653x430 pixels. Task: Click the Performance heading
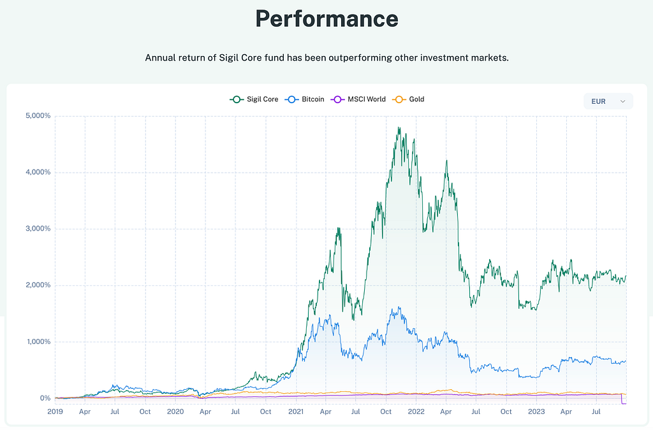[x=326, y=19]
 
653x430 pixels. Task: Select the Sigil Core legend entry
[x=254, y=99]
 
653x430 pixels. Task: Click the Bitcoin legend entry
[x=306, y=99]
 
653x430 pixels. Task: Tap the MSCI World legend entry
[x=359, y=99]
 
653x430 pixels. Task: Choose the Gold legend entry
[x=409, y=99]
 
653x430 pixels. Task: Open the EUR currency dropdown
[x=608, y=101]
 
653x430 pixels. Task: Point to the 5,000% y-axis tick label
[x=38, y=116]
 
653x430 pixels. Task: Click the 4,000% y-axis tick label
[x=38, y=172]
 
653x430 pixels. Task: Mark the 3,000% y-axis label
[x=38, y=229]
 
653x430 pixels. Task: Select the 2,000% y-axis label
[x=38, y=285]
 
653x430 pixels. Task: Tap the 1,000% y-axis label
[x=38, y=341]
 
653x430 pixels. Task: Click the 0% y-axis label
[x=45, y=398]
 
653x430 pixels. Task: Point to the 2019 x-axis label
[x=55, y=412]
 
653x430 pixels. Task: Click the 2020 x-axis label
[x=175, y=412]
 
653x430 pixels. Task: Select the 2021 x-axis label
[x=296, y=412]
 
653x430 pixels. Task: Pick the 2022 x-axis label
[x=416, y=412]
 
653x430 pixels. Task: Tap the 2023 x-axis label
[x=536, y=412]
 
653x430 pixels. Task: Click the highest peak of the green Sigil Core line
[x=398, y=127]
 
